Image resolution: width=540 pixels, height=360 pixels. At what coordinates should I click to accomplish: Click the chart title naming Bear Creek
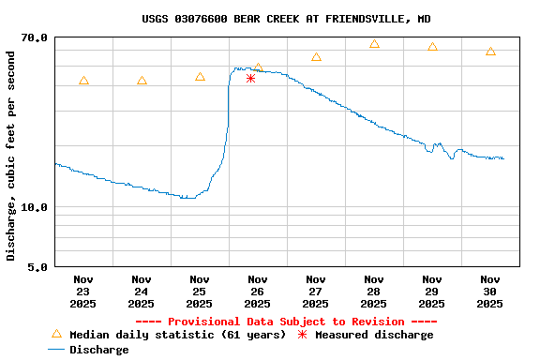coord(287,19)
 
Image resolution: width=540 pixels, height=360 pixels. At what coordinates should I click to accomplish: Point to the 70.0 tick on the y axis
coord(35,37)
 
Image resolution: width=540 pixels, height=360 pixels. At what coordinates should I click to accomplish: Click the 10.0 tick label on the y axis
coord(35,207)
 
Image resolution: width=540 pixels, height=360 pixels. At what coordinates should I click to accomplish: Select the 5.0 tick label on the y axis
coord(38,267)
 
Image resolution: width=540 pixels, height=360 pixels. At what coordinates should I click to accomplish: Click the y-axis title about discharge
coord(10,156)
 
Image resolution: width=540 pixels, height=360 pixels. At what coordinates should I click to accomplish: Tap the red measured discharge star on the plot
coord(250,78)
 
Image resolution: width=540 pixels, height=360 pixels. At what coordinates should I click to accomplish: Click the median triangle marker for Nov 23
coord(83,81)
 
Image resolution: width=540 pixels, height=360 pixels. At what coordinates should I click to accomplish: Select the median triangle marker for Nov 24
coord(142,81)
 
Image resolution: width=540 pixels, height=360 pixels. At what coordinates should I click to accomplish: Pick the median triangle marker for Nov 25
coord(200,77)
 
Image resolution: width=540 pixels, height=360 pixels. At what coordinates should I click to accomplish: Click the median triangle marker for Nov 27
coord(316,57)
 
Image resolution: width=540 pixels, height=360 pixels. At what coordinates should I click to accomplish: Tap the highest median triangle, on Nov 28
coord(374,44)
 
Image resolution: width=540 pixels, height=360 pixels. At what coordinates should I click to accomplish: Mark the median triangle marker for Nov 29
coord(432,47)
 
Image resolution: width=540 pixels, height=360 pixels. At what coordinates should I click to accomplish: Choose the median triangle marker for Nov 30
coord(490,52)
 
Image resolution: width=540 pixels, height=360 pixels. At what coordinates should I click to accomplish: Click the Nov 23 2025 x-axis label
coord(83,291)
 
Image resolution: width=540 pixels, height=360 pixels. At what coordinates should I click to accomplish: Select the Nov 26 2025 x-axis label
coord(258,291)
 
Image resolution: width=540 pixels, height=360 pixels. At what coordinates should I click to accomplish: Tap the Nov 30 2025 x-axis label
coord(490,291)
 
